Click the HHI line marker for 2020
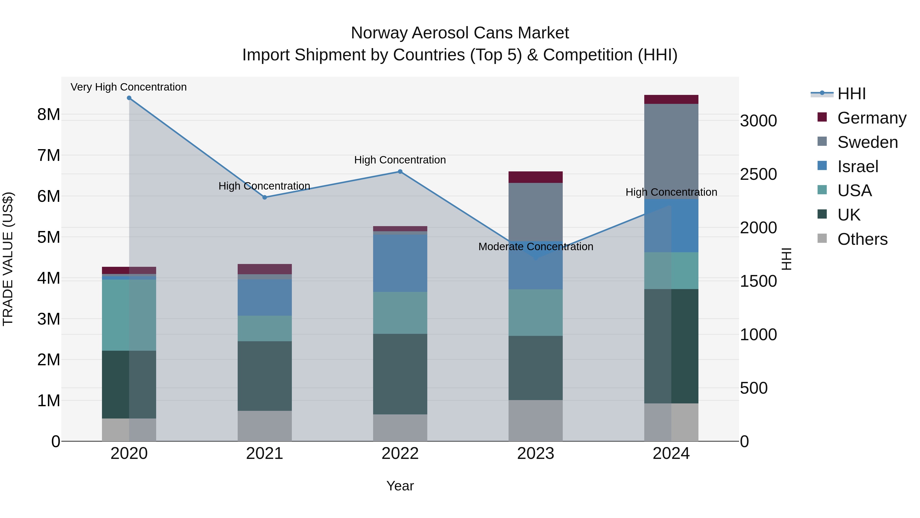pyautogui.click(x=129, y=98)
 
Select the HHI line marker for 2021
pyautogui.click(x=265, y=197)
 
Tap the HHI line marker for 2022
pyautogui.click(x=400, y=172)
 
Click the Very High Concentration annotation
pyautogui.click(x=129, y=87)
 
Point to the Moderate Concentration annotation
pyautogui.click(x=535, y=247)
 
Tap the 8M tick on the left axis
pyautogui.click(x=49, y=115)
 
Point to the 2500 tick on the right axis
pyautogui.click(x=758, y=174)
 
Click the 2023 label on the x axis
pyautogui.click(x=535, y=454)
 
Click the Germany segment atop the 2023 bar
pyautogui.click(x=535, y=177)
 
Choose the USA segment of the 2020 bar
pyautogui.click(x=129, y=315)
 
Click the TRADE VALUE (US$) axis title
pyautogui.click(x=8, y=259)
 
